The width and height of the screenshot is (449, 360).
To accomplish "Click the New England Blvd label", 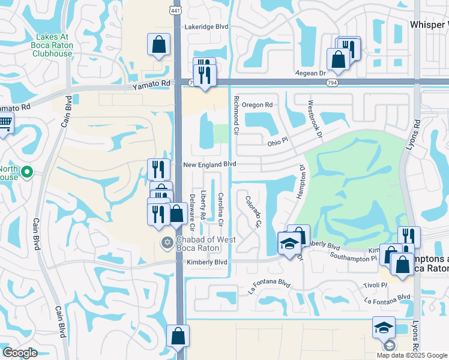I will click(x=209, y=164).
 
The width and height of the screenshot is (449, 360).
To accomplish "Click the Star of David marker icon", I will click(x=167, y=242).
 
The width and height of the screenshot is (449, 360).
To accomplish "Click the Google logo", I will click(x=20, y=353).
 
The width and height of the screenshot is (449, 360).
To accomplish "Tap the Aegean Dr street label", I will click(x=310, y=73).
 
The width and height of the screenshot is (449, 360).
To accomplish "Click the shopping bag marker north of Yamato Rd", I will click(x=158, y=44).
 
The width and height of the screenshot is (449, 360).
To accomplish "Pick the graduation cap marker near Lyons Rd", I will click(x=384, y=327).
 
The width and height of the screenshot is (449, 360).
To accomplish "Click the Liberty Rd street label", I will click(x=203, y=205).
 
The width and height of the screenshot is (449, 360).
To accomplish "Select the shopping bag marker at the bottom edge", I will click(x=178, y=335).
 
